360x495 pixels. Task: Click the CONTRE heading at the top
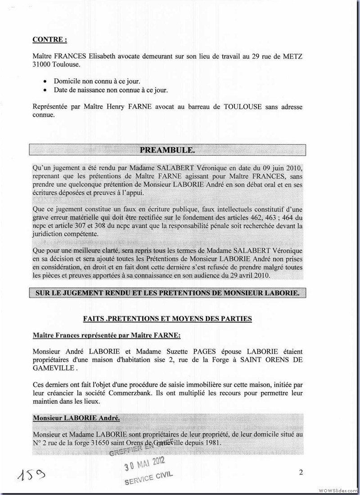[x=49, y=40]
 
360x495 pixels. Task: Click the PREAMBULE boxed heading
[x=167, y=149]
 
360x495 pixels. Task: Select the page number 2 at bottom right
[x=301, y=472]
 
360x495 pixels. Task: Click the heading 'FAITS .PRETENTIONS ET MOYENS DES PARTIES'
[x=167, y=319]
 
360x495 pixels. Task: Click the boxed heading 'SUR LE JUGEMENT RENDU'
[x=167, y=293]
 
